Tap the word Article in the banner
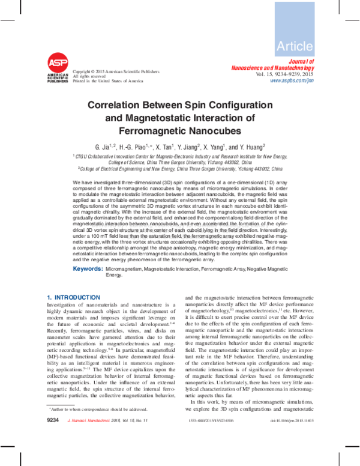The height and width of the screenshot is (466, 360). tap(295, 46)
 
